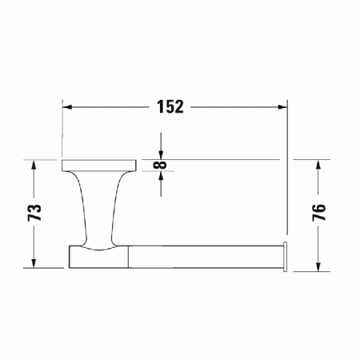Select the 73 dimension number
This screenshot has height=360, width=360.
34,213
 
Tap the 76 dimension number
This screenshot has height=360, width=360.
318,213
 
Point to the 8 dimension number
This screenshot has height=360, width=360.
162,166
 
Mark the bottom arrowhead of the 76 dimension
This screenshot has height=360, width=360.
318,266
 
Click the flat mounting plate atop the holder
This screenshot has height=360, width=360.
96,166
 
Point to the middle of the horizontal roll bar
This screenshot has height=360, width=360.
204,256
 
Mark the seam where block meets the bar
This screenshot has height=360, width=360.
127,256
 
